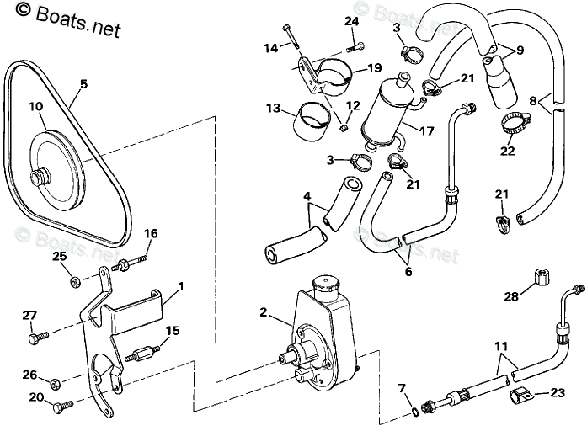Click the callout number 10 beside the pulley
(35, 107)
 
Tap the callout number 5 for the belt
(83, 83)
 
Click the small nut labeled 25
(74, 279)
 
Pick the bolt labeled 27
(37, 337)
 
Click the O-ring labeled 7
(414, 412)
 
